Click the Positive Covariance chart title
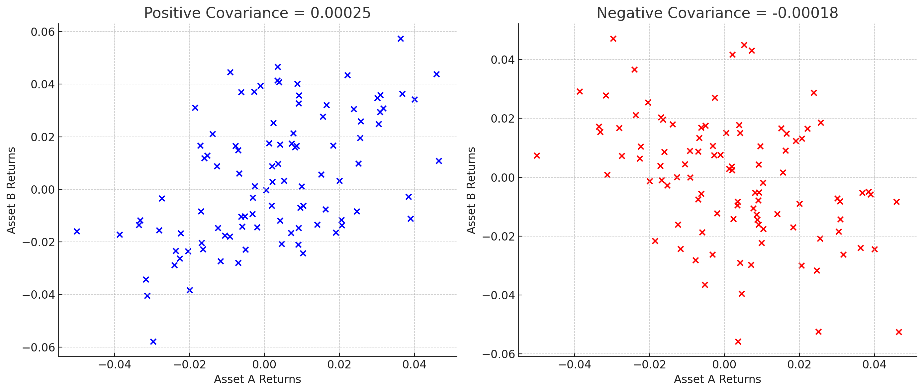(x=257, y=13)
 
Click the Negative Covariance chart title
(x=717, y=13)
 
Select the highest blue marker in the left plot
(x=401, y=39)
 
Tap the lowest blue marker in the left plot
(x=153, y=342)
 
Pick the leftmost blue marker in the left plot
(x=77, y=231)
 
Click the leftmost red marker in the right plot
(x=536, y=155)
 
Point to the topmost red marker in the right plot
(x=613, y=39)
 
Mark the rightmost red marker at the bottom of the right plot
(x=899, y=332)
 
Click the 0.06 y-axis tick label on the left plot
(x=43, y=32)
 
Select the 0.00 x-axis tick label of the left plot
(x=264, y=365)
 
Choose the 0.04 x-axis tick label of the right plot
(x=874, y=365)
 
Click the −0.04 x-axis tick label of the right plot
(x=574, y=365)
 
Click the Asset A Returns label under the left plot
(x=257, y=379)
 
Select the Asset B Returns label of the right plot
(x=471, y=190)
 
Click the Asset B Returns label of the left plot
(x=11, y=190)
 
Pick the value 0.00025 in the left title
(x=340, y=13)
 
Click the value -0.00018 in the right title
(x=805, y=13)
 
